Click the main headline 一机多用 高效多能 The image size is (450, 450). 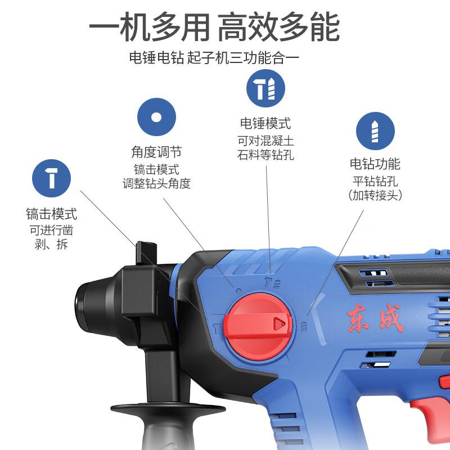tap(215, 27)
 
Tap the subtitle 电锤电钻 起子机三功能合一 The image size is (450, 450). tap(214, 58)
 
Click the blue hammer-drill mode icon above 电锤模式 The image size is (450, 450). tap(265, 88)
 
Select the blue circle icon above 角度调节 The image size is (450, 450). tap(156, 117)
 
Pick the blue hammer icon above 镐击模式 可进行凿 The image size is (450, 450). tap(51, 178)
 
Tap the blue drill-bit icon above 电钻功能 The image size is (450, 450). tap(375, 131)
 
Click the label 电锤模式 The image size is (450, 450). tap(265, 123)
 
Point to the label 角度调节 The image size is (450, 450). tap(156, 152)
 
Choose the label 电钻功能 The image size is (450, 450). tap(375, 164)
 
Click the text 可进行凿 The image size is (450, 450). tap(51, 230)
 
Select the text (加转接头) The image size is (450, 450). tap(375, 195)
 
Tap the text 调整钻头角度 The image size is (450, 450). tap(157, 183)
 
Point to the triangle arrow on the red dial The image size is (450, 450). tap(278, 324)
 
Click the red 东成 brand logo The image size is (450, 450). tap(375, 318)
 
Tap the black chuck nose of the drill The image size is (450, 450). tap(92, 306)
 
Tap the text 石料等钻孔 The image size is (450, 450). tap(265, 155)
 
